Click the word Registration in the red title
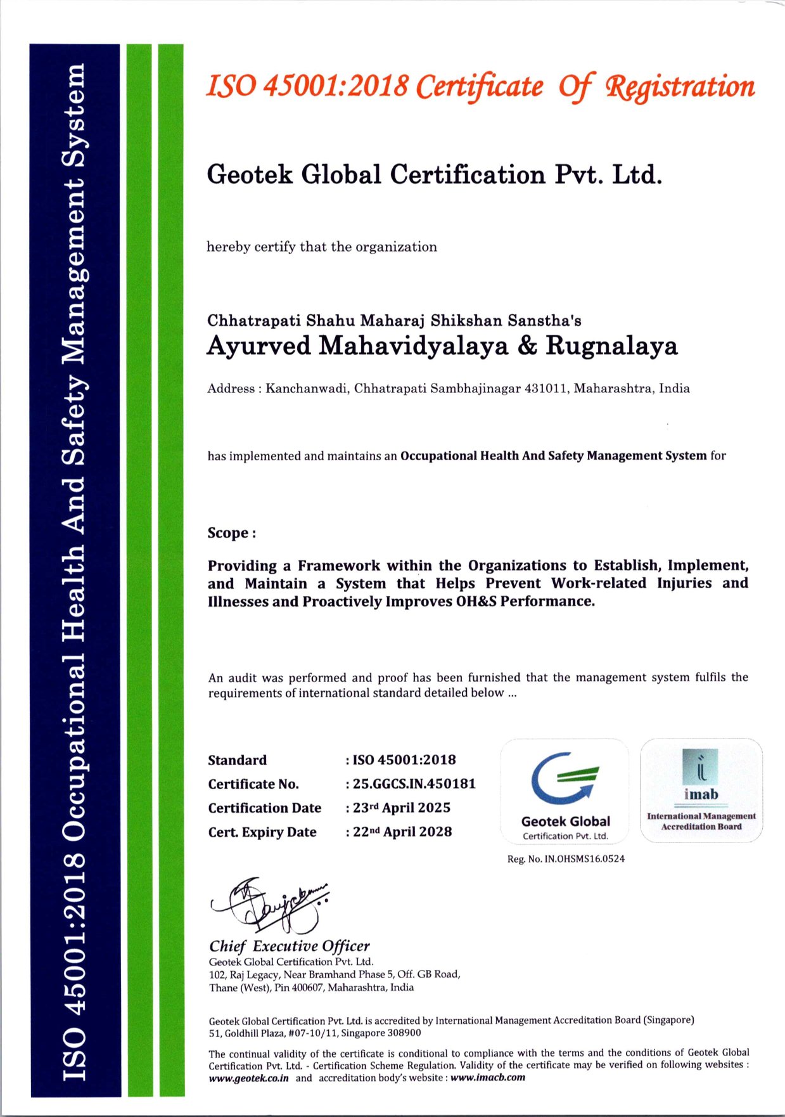point(680,87)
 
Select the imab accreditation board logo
point(701,789)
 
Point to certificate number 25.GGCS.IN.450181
point(414,784)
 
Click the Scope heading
point(231,533)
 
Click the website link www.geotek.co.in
point(249,1078)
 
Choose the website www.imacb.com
point(488,1078)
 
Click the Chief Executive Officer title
point(290,946)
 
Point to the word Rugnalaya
point(611,346)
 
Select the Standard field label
point(237,760)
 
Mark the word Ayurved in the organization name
point(258,346)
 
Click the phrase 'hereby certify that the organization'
point(321,247)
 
